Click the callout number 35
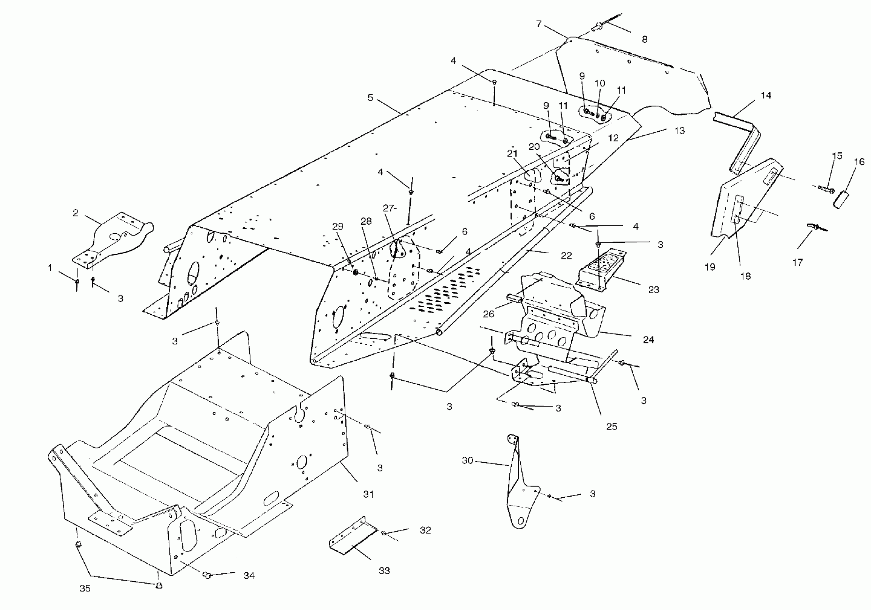(x=85, y=588)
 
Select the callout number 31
(x=368, y=494)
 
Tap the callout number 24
(x=648, y=340)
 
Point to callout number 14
(x=766, y=95)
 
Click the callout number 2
(x=75, y=213)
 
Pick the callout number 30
(x=467, y=460)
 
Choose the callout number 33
(x=384, y=571)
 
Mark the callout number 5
(x=370, y=98)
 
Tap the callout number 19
(x=710, y=267)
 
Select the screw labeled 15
(x=825, y=188)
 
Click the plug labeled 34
(x=207, y=575)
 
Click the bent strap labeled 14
(x=744, y=140)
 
